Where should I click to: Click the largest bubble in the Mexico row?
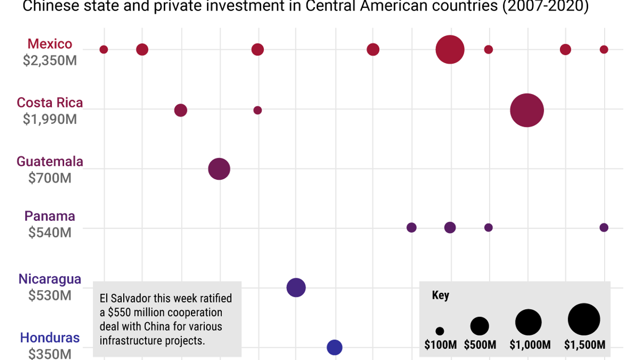click(x=450, y=50)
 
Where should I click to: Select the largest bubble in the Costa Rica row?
click(x=527, y=110)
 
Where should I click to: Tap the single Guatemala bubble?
click(x=219, y=169)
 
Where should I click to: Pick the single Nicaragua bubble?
click(x=296, y=288)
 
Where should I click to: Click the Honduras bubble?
click(x=335, y=348)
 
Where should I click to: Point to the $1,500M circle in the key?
click(x=584, y=319)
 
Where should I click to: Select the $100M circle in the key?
click(x=440, y=331)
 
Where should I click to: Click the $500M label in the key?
click(x=480, y=345)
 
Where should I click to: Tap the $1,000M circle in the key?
click(x=528, y=323)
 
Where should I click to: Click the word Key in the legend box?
click(x=440, y=295)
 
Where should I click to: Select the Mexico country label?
click(x=50, y=44)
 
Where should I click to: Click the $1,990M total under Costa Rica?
click(x=50, y=119)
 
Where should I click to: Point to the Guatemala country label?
click(x=50, y=161)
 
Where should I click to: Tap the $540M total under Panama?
click(x=50, y=232)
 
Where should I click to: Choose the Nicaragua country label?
click(x=50, y=279)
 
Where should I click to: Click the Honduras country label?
click(x=50, y=338)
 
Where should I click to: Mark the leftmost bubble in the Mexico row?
click(x=104, y=50)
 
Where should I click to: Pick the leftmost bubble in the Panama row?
click(x=411, y=228)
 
